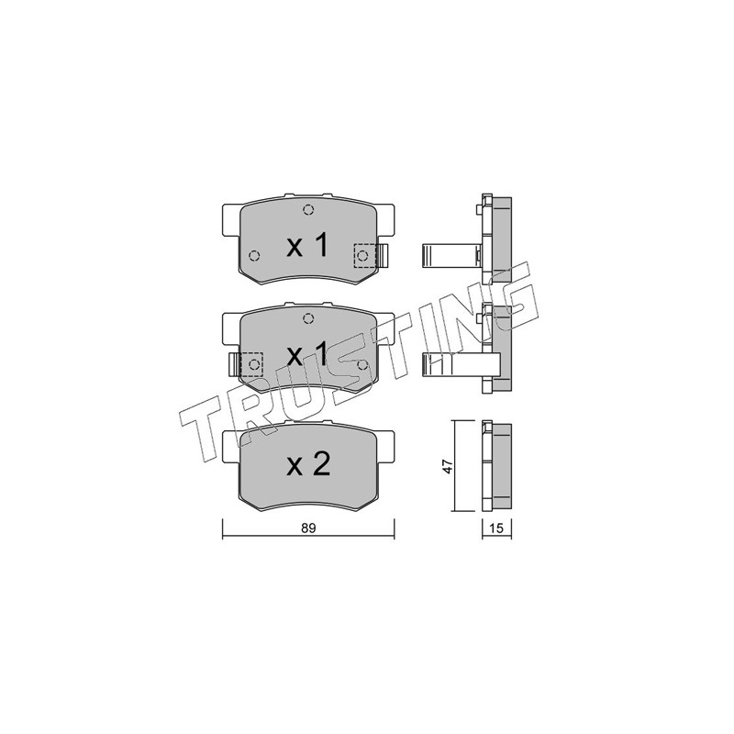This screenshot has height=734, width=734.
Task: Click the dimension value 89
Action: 308,528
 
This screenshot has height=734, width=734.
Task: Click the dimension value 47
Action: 448,467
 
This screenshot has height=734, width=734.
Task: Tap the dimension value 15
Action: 496,528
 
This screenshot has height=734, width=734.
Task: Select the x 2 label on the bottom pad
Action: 308,464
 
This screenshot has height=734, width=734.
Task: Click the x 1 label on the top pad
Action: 307,246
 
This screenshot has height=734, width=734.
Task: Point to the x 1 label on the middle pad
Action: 307,355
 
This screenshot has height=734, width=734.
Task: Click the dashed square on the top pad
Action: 365,256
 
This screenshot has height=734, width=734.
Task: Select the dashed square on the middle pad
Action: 251,364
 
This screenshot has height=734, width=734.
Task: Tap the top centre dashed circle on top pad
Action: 307,210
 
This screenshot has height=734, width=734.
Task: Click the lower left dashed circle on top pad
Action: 254,256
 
